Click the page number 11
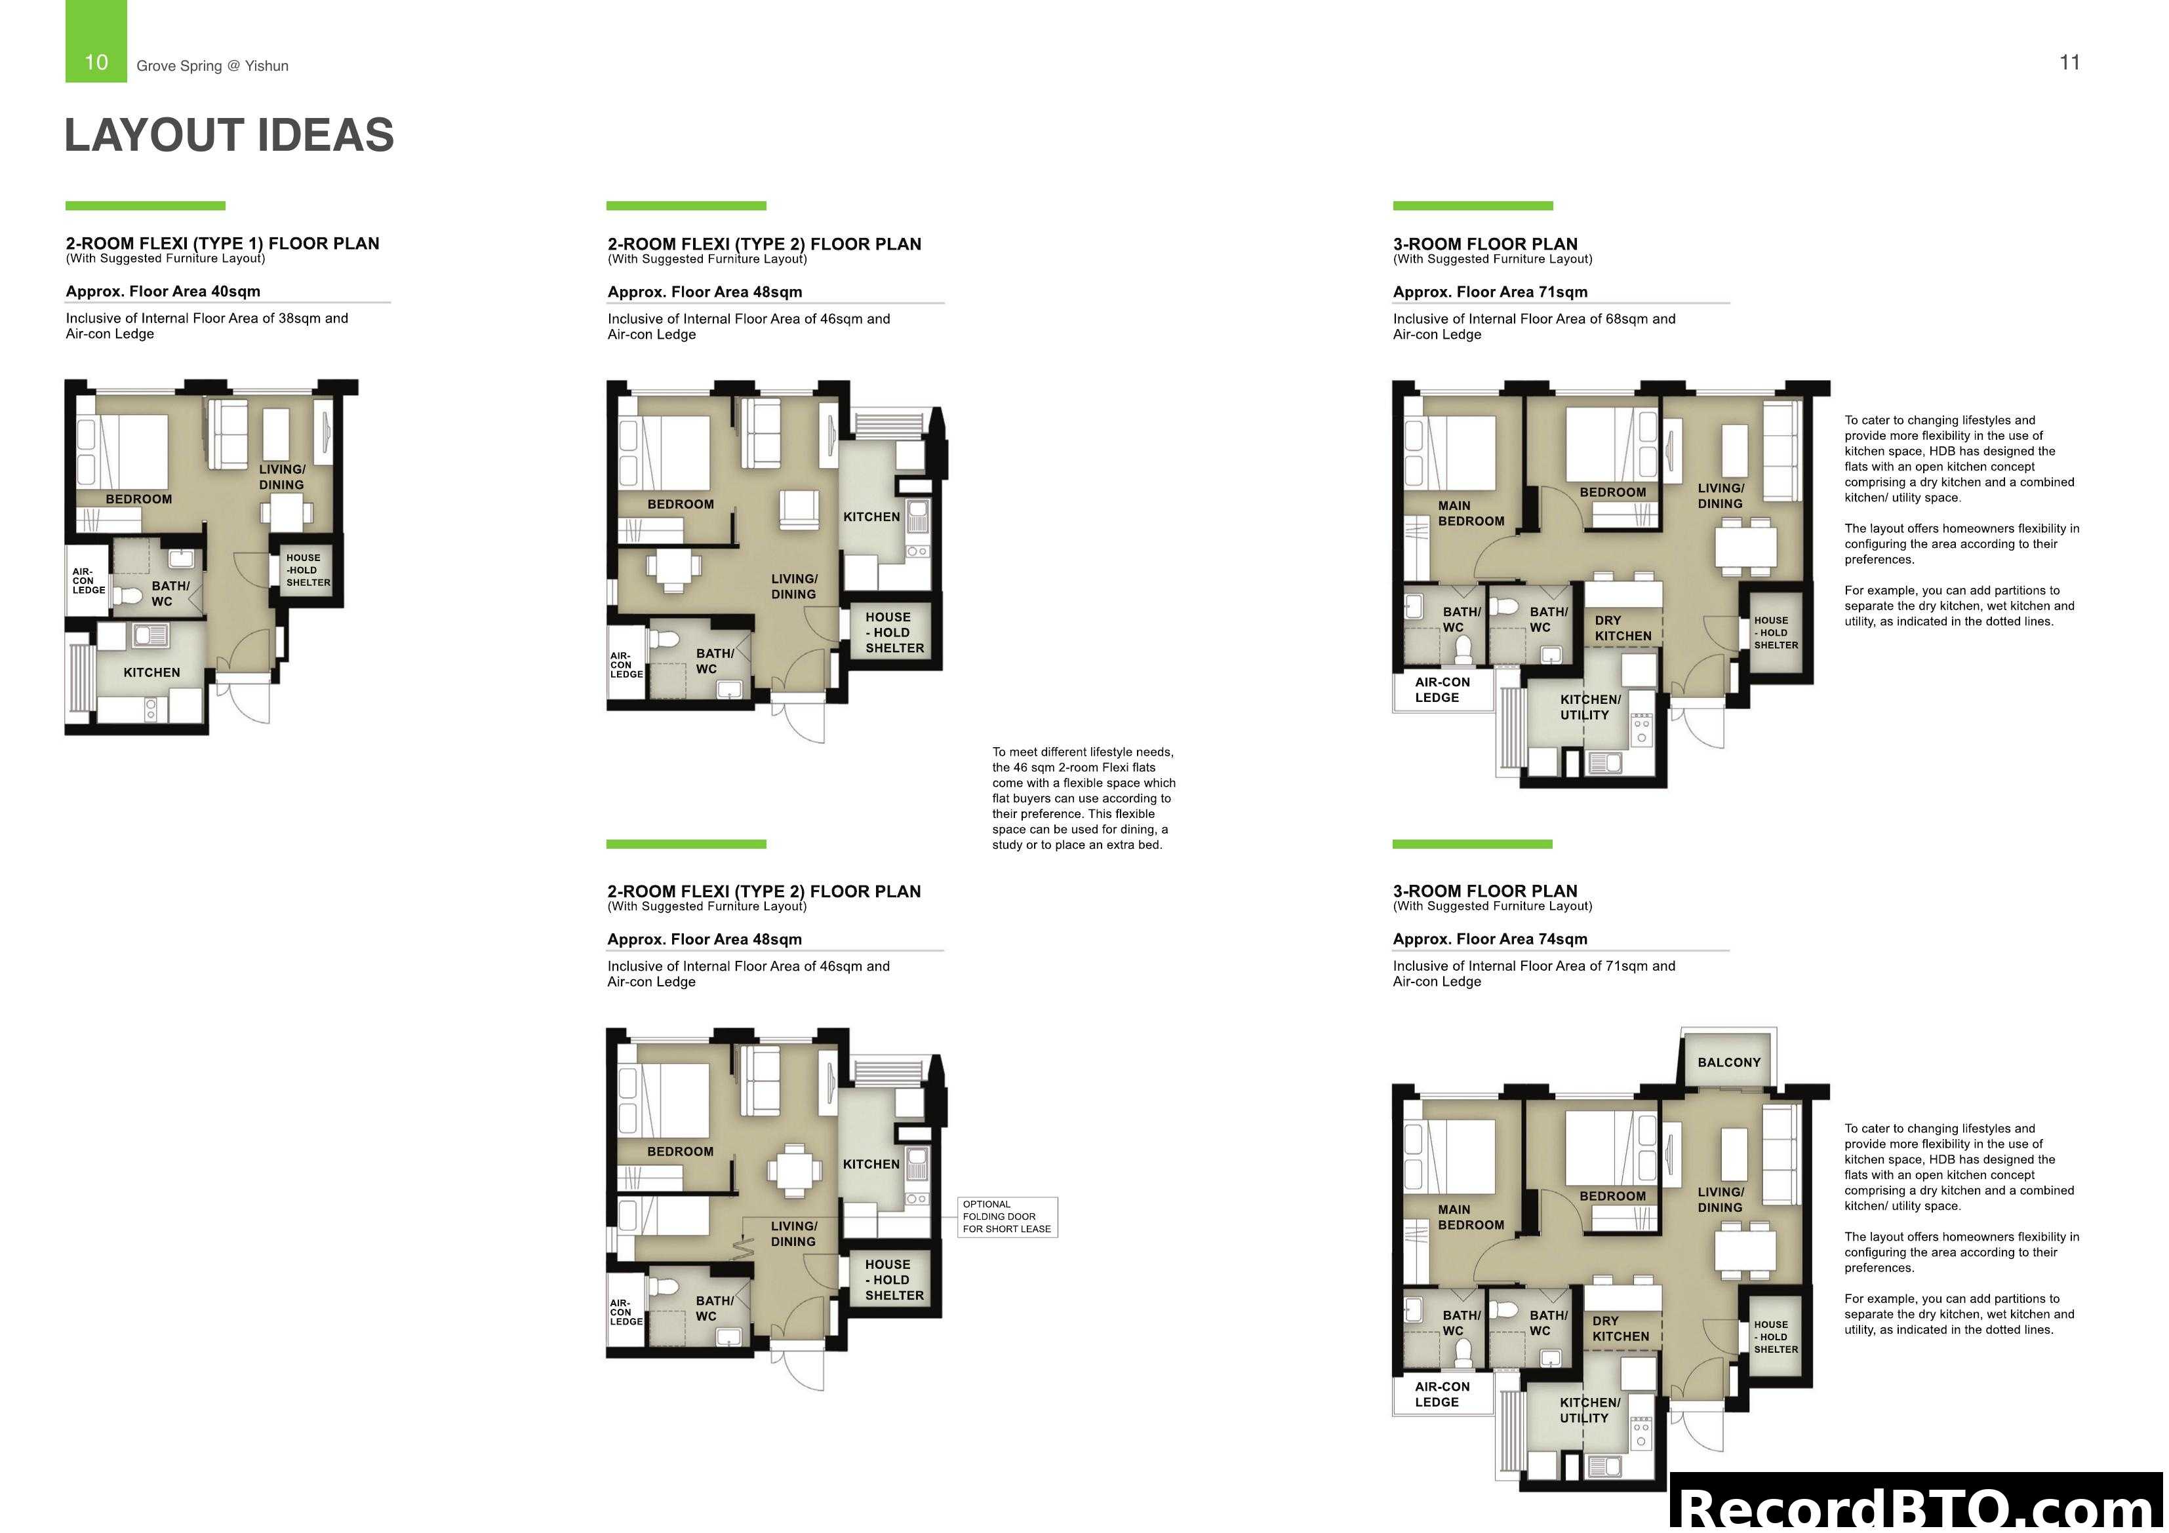pyautogui.click(x=2069, y=62)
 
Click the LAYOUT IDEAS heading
pyautogui.click(x=229, y=135)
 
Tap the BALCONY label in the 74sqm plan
pyautogui.click(x=1729, y=1062)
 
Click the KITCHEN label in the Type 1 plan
pyautogui.click(x=151, y=672)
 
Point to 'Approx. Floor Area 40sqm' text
pyautogui.click(x=163, y=291)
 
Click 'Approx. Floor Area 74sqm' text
pyautogui.click(x=1490, y=939)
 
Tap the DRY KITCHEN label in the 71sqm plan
pyautogui.click(x=1623, y=628)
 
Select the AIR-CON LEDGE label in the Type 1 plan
pyautogui.click(x=88, y=581)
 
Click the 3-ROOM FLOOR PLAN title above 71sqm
pyautogui.click(x=1485, y=244)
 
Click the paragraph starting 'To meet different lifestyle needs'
pyautogui.click(x=1084, y=798)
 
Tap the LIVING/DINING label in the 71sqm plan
pyautogui.click(x=1721, y=496)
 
